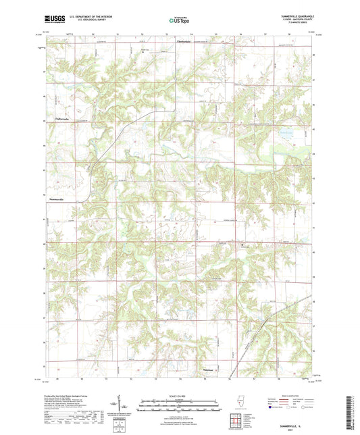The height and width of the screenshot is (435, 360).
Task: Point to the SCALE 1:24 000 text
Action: [180, 395]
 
